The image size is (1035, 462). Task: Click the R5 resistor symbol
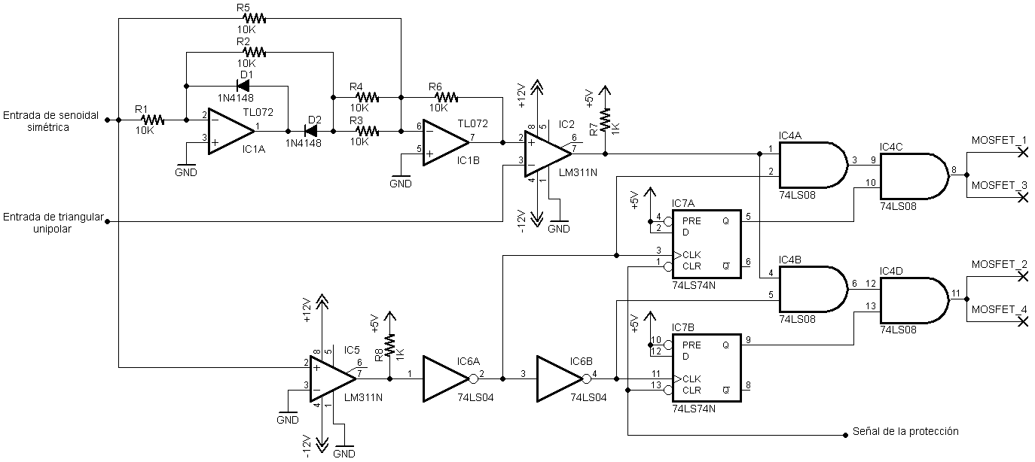(255, 19)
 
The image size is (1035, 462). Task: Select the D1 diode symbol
(243, 86)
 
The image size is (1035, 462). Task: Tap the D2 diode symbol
(311, 132)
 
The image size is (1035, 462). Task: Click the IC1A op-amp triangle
(231, 132)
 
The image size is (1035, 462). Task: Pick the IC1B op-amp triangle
(447, 143)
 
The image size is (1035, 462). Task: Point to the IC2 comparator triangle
(548, 153)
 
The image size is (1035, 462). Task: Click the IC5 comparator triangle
(333, 379)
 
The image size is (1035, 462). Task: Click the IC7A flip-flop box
(707, 245)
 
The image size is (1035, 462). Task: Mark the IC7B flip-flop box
(707, 368)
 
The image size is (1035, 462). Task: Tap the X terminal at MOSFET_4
(1023, 321)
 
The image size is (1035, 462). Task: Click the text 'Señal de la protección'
(905, 431)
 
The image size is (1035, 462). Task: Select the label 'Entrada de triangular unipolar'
(53, 223)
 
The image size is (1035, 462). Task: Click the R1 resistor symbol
(152, 120)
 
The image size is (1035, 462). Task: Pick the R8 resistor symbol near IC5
(390, 345)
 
